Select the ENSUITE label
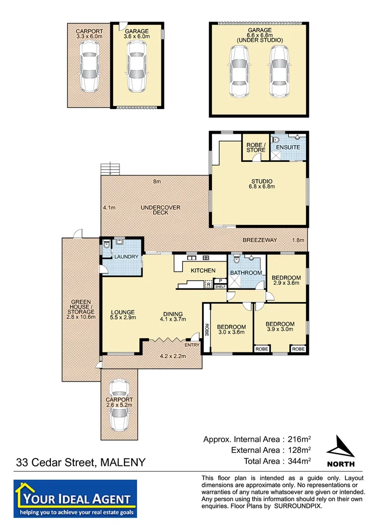(x=288, y=147)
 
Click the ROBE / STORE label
(x=256, y=147)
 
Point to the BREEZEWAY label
(x=259, y=240)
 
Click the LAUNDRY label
(x=127, y=257)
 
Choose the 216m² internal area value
(x=298, y=439)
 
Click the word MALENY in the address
(x=122, y=462)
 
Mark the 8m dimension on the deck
(x=157, y=182)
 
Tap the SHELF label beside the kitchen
(x=220, y=286)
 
